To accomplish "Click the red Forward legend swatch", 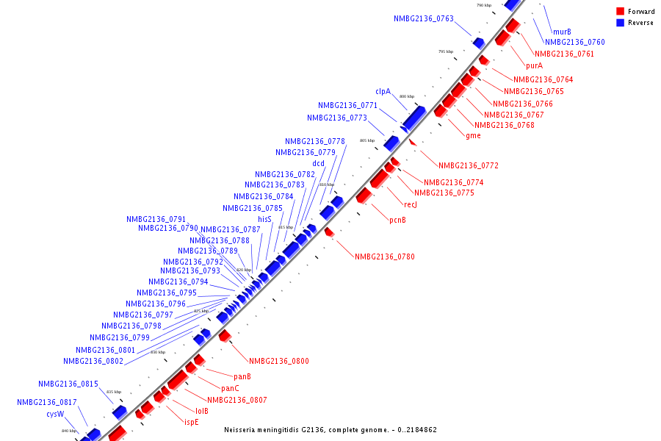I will coord(620,11).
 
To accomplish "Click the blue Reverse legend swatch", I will coord(620,23).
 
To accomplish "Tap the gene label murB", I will coord(562,32).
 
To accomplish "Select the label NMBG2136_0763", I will coord(424,19).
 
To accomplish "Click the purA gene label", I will coord(534,66).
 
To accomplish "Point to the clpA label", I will coord(383,92).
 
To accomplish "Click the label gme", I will coord(473,135).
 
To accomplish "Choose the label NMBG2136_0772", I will coord(468,166).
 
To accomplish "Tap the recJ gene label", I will coord(411,204).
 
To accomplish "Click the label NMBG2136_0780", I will coord(384,257).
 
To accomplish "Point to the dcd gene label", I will coord(318,164).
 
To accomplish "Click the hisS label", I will coord(264,220).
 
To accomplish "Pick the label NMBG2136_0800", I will coord(278,362).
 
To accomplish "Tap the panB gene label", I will coord(242,377).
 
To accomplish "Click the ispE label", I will coord(191,423).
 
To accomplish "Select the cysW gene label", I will coord(56,414).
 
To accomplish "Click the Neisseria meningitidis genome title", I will coord(330,429).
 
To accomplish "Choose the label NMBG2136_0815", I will coord(68,384).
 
